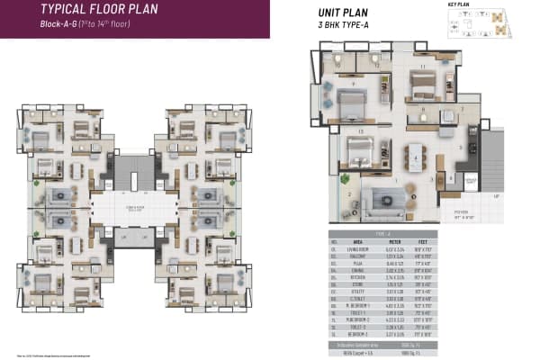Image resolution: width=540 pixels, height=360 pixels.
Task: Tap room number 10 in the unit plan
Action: [x=338, y=65]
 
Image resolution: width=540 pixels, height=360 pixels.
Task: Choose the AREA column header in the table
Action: [x=356, y=242]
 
